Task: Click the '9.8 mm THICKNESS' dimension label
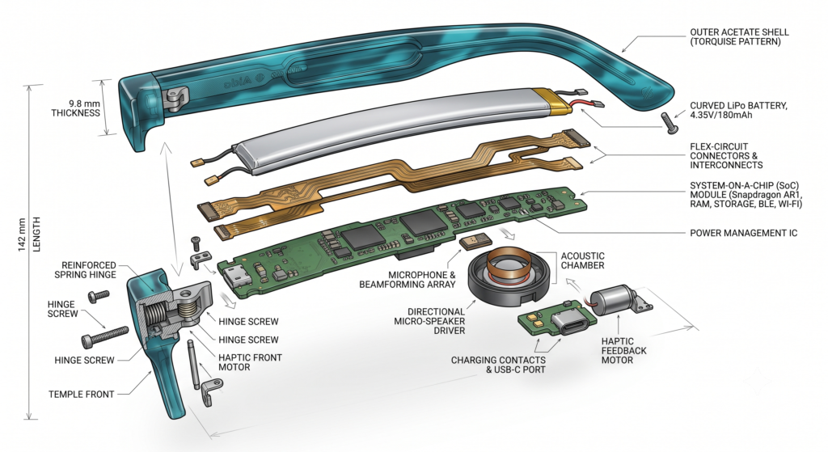click(x=75, y=108)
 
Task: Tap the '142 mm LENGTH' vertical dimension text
click(x=29, y=234)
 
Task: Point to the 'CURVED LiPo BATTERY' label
click(x=738, y=106)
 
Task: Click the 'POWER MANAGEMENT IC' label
click(x=744, y=233)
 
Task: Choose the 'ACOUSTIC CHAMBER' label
click(x=582, y=260)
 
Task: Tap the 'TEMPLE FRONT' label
click(x=82, y=394)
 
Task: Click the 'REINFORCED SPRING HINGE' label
click(x=85, y=270)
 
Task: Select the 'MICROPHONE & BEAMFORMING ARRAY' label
click(x=408, y=279)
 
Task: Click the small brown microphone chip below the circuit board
click(x=472, y=242)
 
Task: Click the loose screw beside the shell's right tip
click(x=669, y=123)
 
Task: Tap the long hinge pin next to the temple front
click(x=194, y=365)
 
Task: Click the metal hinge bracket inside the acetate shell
click(x=175, y=99)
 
